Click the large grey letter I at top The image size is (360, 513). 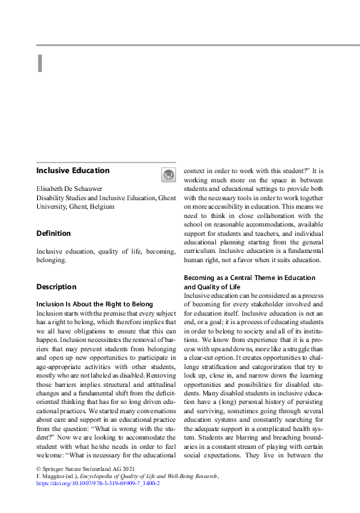[41, 63]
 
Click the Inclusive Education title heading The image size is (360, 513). [73, 171]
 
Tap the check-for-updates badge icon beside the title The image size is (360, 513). [167, 175]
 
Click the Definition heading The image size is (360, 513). [53, 234]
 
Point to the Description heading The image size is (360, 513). [56, 287]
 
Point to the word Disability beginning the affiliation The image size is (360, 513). [51, 197]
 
